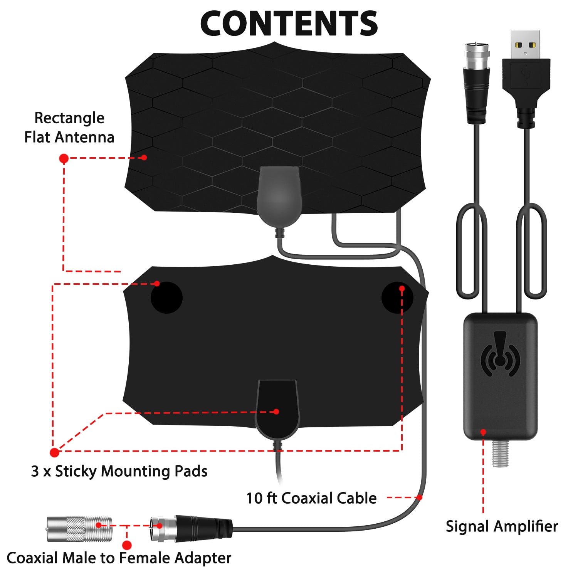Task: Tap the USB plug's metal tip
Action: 525,44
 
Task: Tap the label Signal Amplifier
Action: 502,526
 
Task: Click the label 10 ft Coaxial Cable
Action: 311,498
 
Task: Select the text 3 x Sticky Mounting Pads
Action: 119,471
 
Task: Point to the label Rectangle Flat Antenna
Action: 69,128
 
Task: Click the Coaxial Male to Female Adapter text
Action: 119,558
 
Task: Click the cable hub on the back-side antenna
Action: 277,409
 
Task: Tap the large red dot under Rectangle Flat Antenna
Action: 64,158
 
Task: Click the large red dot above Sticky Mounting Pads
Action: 55,452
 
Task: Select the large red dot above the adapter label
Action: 127,545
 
